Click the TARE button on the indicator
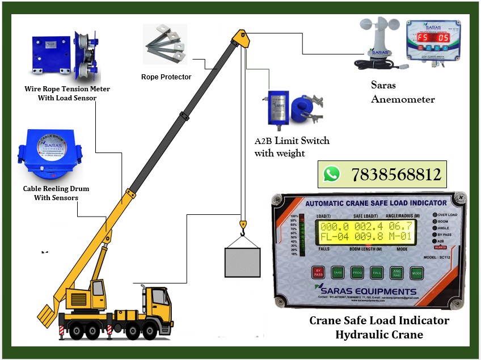tap(338, 273)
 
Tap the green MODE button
tap(417, 273)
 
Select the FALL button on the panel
tap(377, 273)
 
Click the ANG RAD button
tap(397, 273)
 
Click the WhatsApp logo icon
tap(332, 173)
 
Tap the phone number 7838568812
tap(396, 173)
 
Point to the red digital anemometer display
tap(432, 37)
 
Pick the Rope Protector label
tap(166, 77)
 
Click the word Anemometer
tap(403, 99)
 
